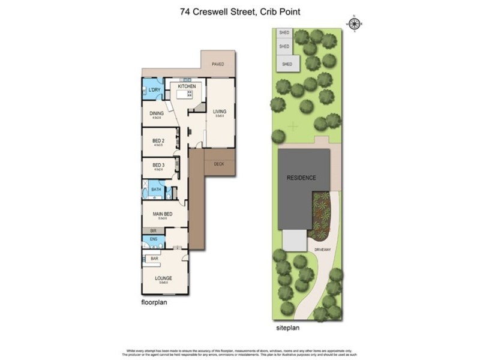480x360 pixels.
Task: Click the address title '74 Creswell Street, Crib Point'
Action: (239, 11)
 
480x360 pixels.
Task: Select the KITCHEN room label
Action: (187, 87)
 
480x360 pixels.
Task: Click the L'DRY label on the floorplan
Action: (155, 91)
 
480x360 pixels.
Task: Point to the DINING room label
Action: (157, 113)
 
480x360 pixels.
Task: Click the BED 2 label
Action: (158, 141)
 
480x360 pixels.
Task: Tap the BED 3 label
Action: (158, 166)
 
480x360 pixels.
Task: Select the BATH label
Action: (156, 190)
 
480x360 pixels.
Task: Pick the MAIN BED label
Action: (163, 214)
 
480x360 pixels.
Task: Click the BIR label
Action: (152, 230)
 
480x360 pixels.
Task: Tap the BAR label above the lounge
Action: (154, 259)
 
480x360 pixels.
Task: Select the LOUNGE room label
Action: (163, 278)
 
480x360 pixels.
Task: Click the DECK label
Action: (218, 163)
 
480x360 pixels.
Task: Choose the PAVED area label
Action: (218, 64)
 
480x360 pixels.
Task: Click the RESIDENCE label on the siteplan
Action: (301, 178)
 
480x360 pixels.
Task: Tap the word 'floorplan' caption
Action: (154, 303)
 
